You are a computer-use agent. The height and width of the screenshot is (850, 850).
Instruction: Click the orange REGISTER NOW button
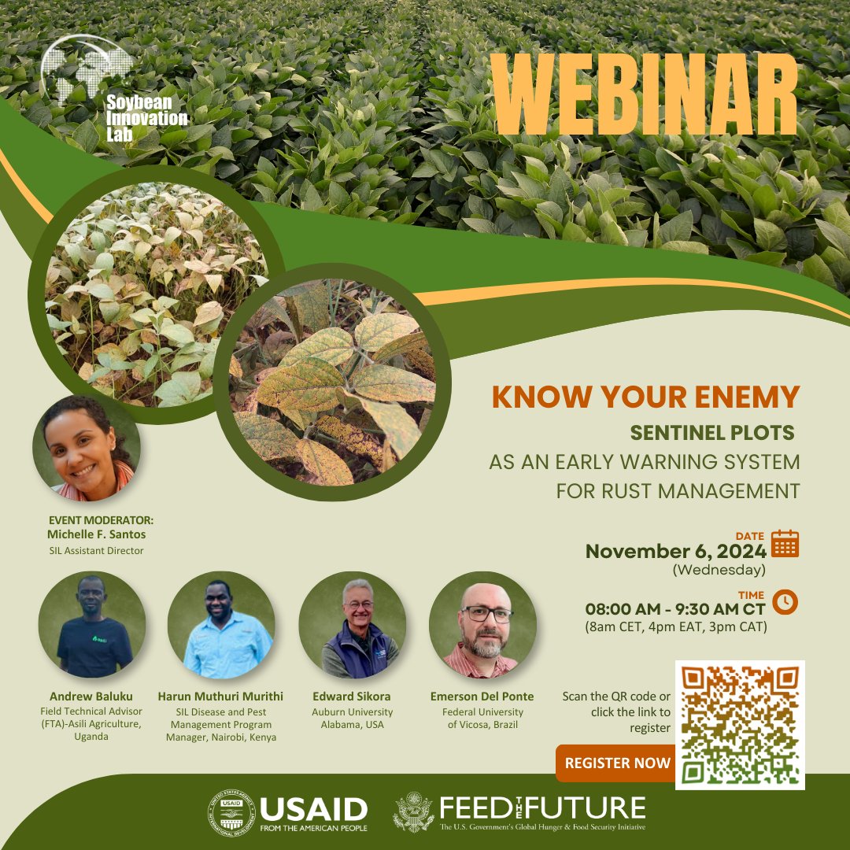point(617,763)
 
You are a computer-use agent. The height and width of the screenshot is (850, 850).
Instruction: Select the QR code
point(740,725)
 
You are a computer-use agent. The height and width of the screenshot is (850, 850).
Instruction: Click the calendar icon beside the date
point(785,544)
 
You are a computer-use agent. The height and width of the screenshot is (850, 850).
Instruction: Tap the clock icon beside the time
point(785,601)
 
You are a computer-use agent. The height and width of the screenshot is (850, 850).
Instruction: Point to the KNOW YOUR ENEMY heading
point(645,397)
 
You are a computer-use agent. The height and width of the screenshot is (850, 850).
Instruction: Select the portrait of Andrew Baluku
point(92,625)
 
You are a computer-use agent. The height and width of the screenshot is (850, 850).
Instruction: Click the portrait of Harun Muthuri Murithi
point(221,625)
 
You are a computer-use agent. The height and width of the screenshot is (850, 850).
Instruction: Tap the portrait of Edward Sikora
point(353,625)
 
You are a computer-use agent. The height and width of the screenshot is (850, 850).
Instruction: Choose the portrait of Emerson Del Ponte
point(482,625)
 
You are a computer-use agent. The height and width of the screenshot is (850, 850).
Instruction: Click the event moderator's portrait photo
point(87,449)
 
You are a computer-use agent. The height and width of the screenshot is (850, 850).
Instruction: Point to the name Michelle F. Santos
point(96,535)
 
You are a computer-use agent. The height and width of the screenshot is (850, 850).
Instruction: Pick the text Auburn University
point(353,712)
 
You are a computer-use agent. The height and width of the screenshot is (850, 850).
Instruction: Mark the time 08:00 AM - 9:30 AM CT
point(675,608)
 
